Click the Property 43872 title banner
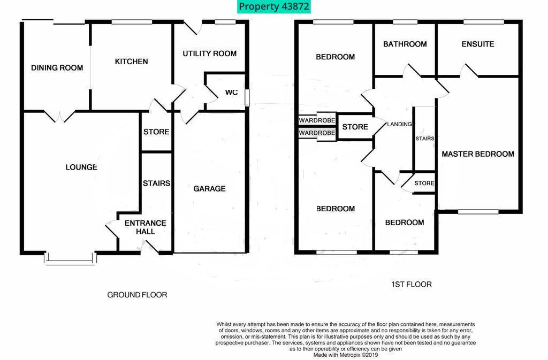coord(273,6)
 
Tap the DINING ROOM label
coord(57,68)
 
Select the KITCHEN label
coord(132,62)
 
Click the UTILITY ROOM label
coord(210,53)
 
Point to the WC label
coord(231,92)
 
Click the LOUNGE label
coord(81,167)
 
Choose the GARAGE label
coord(209,188)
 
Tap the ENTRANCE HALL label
coord(146,227)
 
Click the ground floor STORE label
coord(156,132)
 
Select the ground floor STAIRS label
coord(157,183)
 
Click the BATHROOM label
coord(405,44)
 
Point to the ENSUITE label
coord(478,44)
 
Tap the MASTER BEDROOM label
coord(478,154)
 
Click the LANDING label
coord(399,124)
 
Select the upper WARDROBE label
coord(317,120)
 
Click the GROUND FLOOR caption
coord(137,295)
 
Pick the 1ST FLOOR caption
coord(412,284)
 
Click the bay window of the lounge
coord(70,258)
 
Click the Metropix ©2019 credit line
coord(346,355)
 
